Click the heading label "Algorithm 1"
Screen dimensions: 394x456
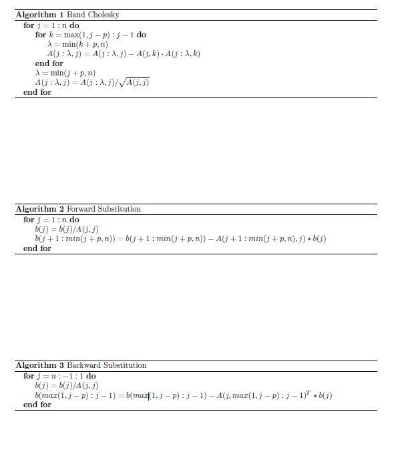[x=39, y=15]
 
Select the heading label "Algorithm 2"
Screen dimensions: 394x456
[x=39, y=209]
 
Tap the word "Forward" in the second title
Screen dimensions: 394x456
[x=81, y=209]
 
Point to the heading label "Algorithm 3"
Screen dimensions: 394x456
[x=39, y=365]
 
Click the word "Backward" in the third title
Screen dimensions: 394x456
[x=83, y=365]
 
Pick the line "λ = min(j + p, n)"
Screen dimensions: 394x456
[x=65, y=73]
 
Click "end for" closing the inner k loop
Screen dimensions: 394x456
[x=49, y=63]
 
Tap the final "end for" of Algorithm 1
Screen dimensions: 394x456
[x=37, y=92]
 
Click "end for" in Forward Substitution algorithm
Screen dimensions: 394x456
[x=37, y=248]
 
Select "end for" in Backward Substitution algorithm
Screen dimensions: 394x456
[x=37, y=405]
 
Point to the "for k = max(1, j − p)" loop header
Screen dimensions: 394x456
[x=90, y=35]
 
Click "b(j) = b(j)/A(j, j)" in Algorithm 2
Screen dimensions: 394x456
[x=67, y=229]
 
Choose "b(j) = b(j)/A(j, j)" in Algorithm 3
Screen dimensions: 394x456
[x=67, y=385]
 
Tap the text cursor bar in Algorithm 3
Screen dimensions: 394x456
[x=149, y=395]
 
